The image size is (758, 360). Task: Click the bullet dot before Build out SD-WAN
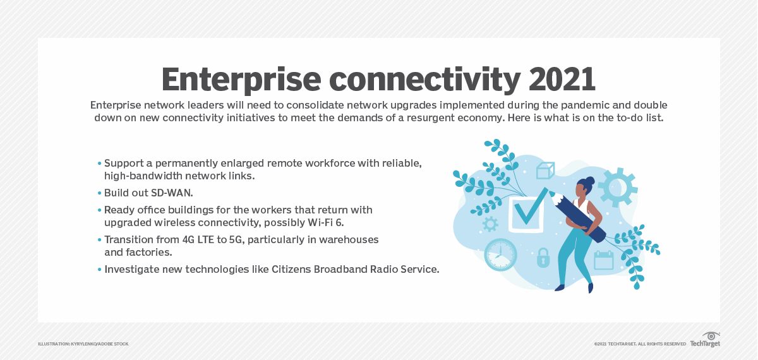click(99, 193)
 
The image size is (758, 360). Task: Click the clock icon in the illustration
click(500, 255)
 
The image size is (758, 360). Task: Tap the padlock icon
click(542, 258)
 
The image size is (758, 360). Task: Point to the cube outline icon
click(544, 171)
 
